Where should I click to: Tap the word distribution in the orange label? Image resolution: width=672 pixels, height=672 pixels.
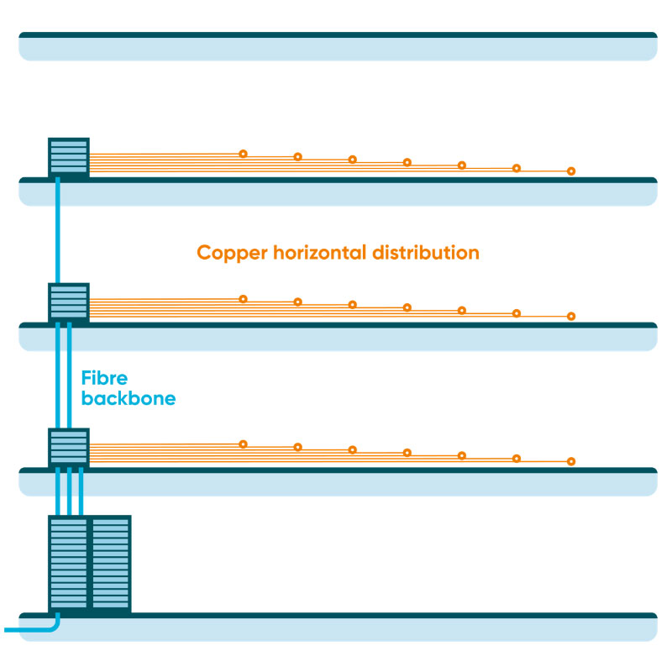[x=426, y=253]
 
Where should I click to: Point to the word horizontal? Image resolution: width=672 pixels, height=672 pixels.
[x=320, y=253]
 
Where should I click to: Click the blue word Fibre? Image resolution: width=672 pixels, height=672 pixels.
[x=104, y=378]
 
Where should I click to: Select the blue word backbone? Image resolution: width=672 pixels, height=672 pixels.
[x=129, y=398]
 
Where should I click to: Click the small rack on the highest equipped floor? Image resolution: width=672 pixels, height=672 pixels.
[x=69, y=157]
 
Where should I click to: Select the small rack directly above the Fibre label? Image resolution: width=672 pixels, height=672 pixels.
[x=69, y=302]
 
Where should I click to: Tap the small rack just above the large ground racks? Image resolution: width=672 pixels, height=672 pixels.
[x=69, y=448]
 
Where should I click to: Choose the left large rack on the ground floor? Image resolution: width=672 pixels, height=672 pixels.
[x=69, y=564]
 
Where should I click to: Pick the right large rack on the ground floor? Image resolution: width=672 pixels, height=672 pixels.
[x=111, y=564]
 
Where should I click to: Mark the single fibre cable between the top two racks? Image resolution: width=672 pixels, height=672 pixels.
[x=58, y=230]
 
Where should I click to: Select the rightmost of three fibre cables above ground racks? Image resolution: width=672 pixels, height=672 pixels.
[x=81, y=491]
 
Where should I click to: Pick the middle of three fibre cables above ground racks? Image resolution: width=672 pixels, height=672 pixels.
[x=70, y=491]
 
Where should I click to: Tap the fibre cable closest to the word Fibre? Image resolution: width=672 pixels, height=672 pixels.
[x=70, y=375]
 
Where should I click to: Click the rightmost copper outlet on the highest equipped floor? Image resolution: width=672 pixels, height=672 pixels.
[x=571, y=171]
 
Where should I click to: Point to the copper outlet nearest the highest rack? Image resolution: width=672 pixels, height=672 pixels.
[x=243, y=154]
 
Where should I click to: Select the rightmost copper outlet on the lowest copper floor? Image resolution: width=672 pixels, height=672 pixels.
[x=571, y=461]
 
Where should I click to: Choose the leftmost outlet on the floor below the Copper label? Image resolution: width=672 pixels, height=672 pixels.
[x=243, y=299]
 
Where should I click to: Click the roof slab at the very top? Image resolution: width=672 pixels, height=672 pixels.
[x=338, y=46]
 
